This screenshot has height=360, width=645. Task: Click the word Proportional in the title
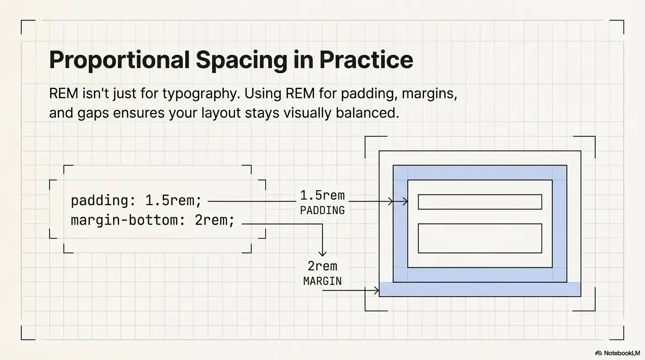click(119, 60)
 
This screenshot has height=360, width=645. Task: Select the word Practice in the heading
click(366, 60)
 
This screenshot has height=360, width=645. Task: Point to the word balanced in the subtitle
click(367, 113)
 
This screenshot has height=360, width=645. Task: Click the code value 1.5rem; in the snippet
click(173, 201)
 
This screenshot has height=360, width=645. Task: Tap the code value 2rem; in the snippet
click(215, 220)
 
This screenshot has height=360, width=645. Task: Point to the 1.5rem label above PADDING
click(322, 195)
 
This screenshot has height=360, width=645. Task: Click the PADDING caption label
click(322, 210)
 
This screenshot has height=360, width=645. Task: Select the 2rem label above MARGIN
click(322, 266)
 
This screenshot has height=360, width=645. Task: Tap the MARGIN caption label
click(322, 281)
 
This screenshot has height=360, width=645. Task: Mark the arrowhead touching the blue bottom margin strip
click(376, 291)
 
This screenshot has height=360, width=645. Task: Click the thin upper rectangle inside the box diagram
click(480, 202)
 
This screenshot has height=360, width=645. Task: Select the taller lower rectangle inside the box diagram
click(480, 238)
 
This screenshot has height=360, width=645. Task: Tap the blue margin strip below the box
click(480, 290)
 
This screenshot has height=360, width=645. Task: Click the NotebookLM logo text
click(621, 353)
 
